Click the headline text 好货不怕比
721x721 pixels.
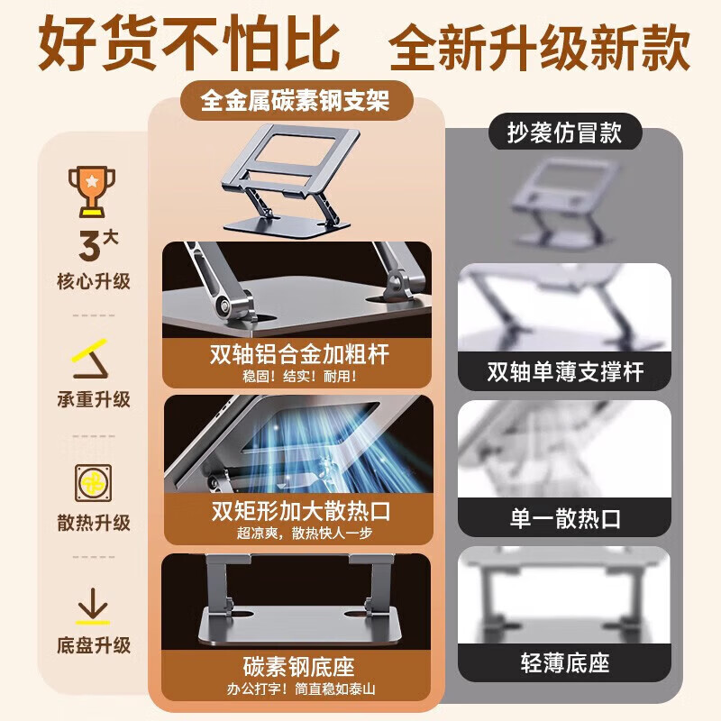[x=189, y=42]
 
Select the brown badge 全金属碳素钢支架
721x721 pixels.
[x=296, y=98]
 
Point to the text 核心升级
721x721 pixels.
[x=94, y=280]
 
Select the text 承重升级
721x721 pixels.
[x=94, y=398]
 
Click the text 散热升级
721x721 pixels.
[x=94, y=522]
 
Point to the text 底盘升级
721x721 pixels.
[x=94, y=644]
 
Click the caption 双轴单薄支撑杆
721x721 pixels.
[x=565, y=371]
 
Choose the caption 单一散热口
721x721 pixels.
[x=565, y=518]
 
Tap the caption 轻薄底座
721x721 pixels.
[x=565, y=664]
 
